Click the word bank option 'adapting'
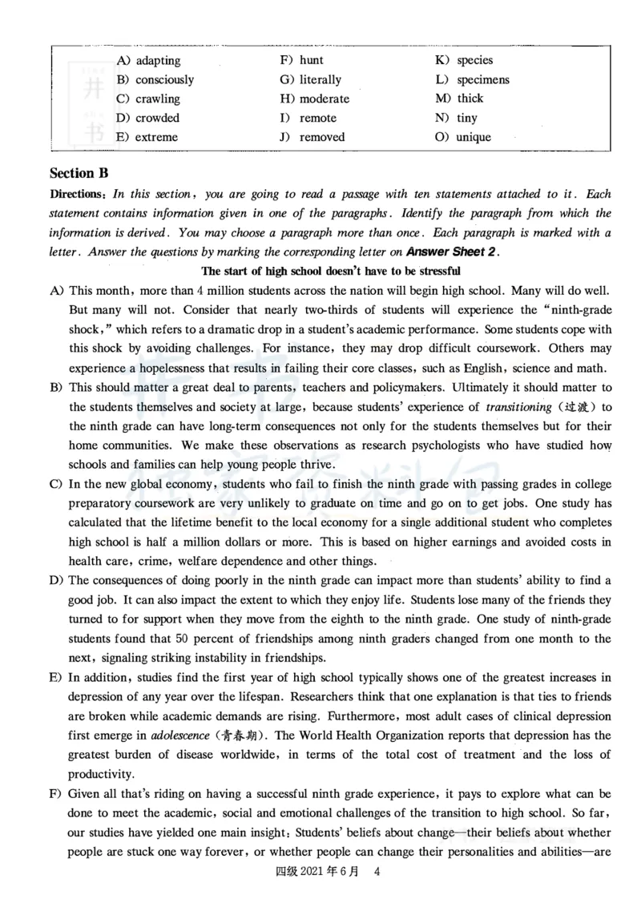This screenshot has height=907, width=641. coord(158,60)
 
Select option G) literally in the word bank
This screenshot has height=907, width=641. coord(320,79)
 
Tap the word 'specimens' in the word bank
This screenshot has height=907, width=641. coord(482,79)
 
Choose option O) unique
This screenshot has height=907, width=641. coord(473,137)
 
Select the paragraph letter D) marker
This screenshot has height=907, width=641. coord(56,580)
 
